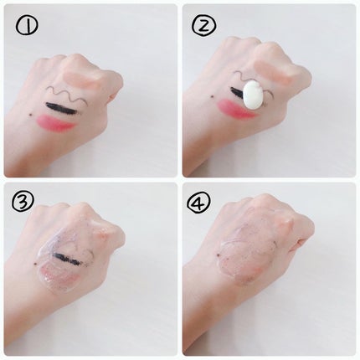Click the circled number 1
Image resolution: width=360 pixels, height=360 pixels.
click(27, 25)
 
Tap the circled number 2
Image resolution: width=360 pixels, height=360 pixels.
click(204, 26)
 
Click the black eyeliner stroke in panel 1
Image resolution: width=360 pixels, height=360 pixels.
click(63, 108)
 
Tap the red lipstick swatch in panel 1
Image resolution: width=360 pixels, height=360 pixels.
click(56, 123)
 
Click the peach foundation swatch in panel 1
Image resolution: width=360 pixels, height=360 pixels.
click(81, 79)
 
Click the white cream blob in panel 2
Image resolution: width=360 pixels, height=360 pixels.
click(254, 95)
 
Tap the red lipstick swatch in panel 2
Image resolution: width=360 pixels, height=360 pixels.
click(237, 109)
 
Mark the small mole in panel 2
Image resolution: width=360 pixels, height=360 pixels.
click(213, 96)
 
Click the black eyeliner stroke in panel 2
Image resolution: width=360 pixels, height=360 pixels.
click(237, 91)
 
